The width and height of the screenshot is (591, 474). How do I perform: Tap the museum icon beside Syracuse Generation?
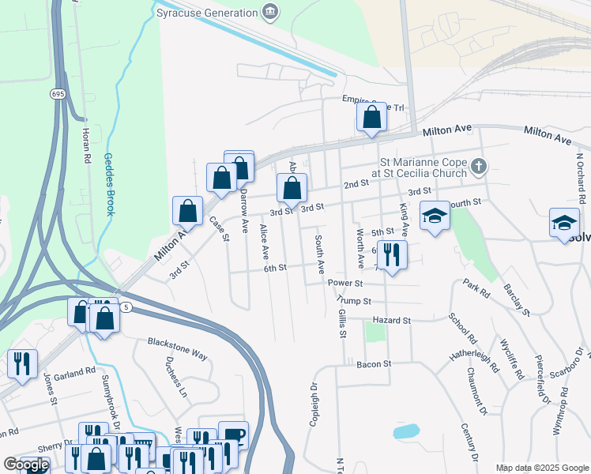tap(270, 12)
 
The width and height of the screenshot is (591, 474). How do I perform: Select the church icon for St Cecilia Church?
tap(477, 167)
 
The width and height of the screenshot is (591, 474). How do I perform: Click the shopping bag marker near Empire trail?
tap(371, 118)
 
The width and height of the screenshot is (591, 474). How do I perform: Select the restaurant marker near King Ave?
tap(391, 255)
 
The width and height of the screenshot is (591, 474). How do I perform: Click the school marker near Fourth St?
tap(434, 216)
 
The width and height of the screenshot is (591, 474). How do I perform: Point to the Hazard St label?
tap(395, 321)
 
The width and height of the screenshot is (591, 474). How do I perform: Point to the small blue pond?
tap(405, 431)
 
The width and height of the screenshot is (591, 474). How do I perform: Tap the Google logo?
tap(25, 465)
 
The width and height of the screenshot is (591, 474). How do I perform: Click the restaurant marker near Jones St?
tap(21, 364)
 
